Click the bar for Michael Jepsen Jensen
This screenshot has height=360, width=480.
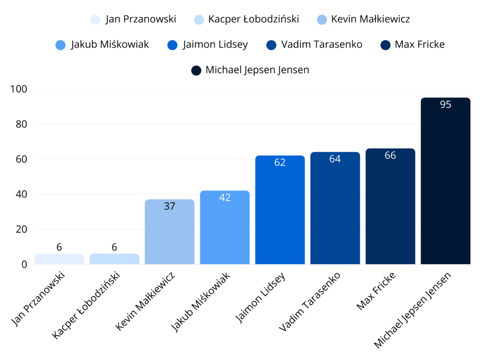[445, 187]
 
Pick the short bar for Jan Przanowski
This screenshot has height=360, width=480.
[59, 259]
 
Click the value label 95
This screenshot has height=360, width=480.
[445, 105]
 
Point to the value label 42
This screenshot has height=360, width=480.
[225, 197]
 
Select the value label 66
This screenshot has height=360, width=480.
[390, 155]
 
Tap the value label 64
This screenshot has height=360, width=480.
[335, 159]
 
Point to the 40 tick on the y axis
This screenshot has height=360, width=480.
[21, 194]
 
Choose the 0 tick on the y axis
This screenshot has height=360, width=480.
[24, 264]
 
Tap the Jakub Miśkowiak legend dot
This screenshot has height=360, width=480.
[60, 45]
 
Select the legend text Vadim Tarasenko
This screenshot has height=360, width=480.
[322, 45]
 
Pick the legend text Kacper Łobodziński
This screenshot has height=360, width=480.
[253, 19]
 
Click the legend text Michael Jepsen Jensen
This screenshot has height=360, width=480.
[257, 70]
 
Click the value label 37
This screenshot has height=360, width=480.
[169, 206]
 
